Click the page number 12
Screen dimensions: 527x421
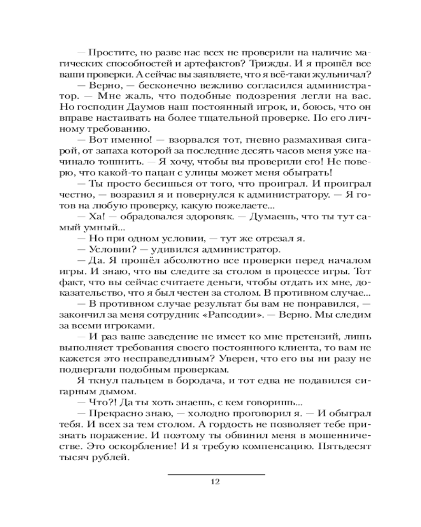pos(214,481)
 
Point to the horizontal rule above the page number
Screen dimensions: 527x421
pos(216,474)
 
